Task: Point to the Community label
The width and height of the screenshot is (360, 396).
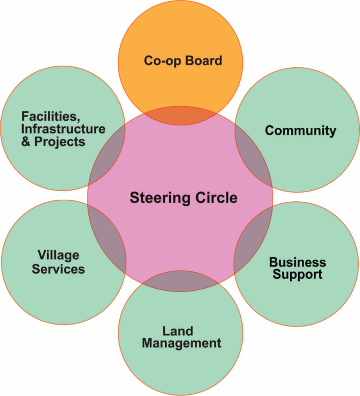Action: (300, 131)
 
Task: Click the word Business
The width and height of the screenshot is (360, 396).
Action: (298, 263)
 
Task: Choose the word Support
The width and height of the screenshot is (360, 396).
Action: (298, 275)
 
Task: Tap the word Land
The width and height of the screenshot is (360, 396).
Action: (178, 331)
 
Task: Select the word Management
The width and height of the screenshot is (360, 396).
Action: (181, 344)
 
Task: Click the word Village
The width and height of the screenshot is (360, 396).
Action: (58, 255)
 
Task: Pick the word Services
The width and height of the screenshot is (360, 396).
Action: (58, 269)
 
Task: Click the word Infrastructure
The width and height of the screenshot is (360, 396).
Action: (63, 129)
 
